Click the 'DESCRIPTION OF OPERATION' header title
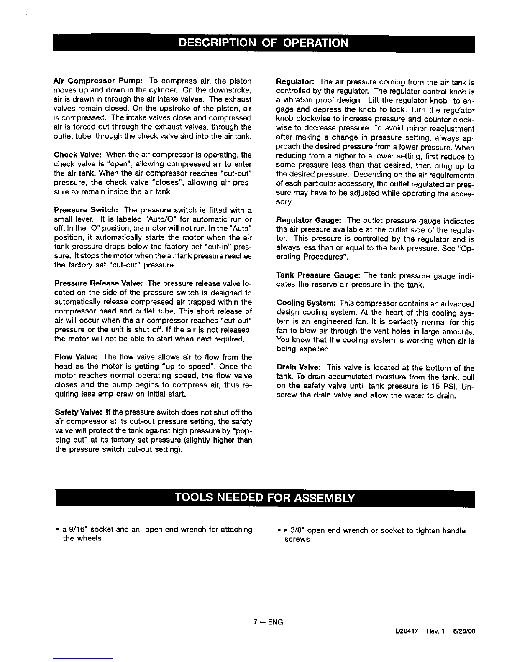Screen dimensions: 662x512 click(264, 43)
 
